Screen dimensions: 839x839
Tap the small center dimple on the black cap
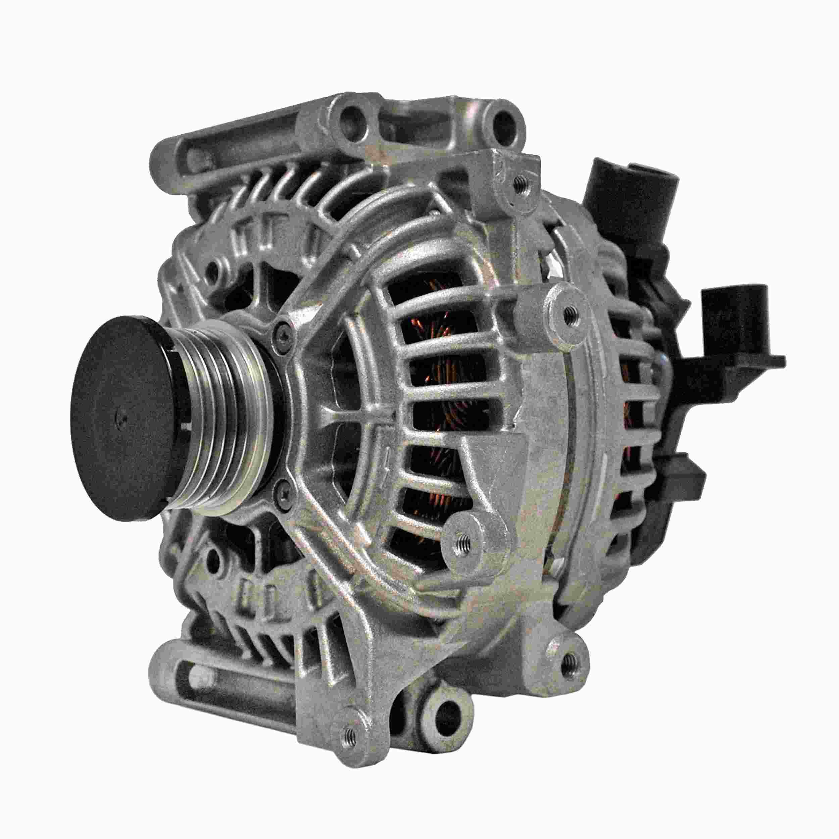[x=123, y=419]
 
